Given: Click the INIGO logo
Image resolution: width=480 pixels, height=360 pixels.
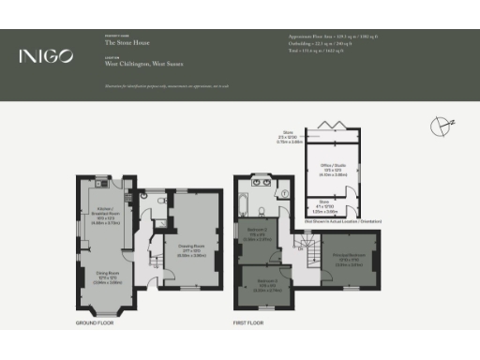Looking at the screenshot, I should click(46, 56).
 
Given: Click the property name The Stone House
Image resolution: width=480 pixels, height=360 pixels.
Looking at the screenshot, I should click(123, 43).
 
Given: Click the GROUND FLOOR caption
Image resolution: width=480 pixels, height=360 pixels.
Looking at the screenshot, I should click(95, 322).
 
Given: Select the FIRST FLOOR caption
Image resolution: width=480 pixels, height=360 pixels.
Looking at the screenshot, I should click(247, 322).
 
